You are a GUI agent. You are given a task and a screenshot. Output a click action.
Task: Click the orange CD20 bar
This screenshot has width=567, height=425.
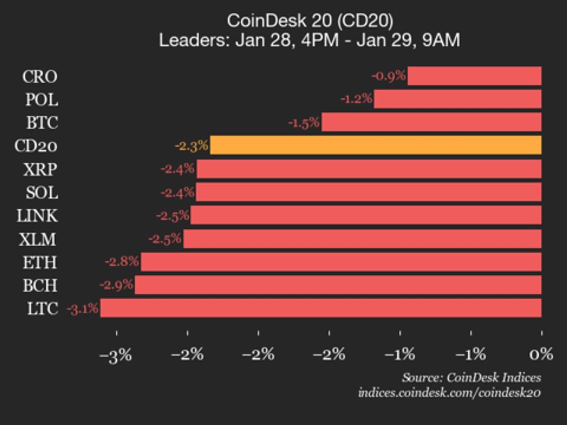376,145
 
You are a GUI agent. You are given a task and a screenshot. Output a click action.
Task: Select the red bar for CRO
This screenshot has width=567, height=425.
474,76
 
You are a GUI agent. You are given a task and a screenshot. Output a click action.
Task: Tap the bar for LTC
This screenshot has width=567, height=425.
320,308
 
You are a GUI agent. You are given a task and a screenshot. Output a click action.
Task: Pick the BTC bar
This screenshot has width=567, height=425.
431,122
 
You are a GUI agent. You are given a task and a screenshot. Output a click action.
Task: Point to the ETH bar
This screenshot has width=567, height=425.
341,262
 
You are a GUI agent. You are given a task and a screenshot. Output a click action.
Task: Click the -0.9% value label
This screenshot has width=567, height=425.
389,76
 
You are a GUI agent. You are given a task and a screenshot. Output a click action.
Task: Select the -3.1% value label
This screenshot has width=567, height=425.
83,309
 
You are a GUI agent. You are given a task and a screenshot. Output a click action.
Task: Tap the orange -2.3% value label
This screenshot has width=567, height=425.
191,145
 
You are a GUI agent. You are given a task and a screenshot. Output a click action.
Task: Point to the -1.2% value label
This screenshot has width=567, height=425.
356,99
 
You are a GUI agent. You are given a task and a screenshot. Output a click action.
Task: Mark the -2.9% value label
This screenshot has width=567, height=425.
116,285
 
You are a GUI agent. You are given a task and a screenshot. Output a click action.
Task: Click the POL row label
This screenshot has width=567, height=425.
42,99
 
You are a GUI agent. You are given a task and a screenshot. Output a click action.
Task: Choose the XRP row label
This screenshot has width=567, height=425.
40,169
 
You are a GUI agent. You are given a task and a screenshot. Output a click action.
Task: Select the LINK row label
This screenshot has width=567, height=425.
37,215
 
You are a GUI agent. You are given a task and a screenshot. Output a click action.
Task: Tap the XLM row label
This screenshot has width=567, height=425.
38,239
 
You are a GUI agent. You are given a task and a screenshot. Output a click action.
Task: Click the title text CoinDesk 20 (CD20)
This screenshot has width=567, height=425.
309,21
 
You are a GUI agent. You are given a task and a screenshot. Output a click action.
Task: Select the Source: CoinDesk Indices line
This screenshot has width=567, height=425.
472,377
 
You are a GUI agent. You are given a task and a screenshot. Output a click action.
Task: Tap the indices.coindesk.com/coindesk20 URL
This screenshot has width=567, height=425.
449,392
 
